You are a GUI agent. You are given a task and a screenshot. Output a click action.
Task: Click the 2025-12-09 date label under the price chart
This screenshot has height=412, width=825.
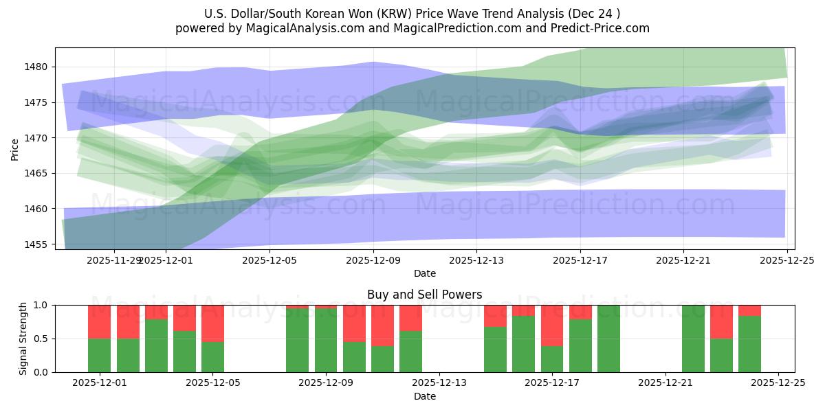373,261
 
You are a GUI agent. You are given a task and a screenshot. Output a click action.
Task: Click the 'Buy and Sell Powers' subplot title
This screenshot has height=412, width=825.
424,295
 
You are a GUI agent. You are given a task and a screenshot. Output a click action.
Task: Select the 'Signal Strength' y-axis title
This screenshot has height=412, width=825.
24,339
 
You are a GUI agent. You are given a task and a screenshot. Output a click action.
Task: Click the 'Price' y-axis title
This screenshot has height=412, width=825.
15,149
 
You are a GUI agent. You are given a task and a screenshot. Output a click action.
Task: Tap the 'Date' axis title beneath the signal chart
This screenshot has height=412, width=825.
424,396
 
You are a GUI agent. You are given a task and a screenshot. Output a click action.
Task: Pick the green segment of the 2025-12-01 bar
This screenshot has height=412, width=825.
100,355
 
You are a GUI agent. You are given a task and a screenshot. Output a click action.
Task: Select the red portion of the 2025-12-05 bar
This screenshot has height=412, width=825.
212,323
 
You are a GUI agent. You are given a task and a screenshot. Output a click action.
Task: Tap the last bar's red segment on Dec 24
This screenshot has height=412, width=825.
749,310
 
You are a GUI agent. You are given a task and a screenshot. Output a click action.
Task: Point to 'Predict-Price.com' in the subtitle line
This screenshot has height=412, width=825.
605,28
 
